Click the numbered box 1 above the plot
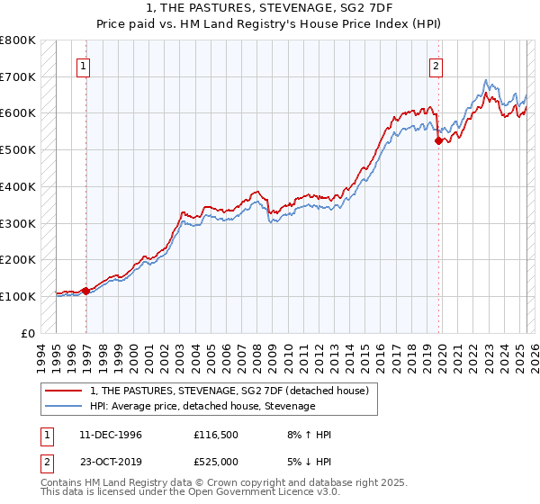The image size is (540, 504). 83,65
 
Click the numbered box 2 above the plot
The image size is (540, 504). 436,65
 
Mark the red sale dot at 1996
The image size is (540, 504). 86,291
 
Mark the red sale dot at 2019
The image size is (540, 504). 438,140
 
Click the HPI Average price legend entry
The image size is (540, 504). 202,406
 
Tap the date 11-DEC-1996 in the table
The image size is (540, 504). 110,435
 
